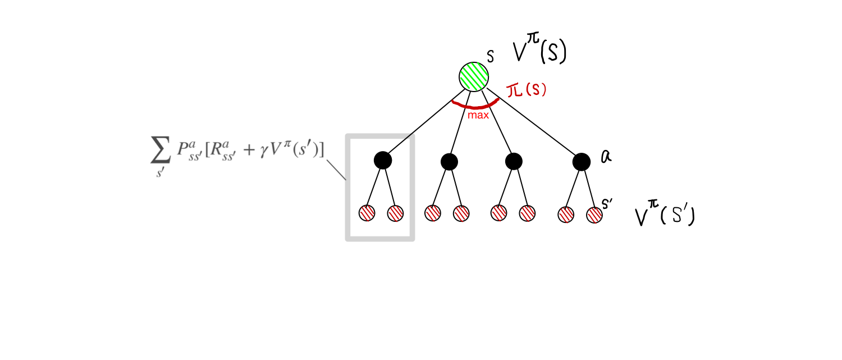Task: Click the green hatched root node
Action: [x=474, y=77]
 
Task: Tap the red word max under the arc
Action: [x=479, y=116]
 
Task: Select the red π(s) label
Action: [x=527, y=91]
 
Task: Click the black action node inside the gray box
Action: [x=382, y=161]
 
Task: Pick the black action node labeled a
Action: [x=582, y=162]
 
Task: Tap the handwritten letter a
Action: [x=606, y=158]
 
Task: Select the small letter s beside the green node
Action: [x=490, y=57]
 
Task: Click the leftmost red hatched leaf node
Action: [x=367, y=213]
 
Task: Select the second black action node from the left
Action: [x=449, y=162]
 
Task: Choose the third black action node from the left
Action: [x=514, y=162]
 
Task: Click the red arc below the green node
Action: [x=475, y=106]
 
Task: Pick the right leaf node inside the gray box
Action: [x=395, y=213]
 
